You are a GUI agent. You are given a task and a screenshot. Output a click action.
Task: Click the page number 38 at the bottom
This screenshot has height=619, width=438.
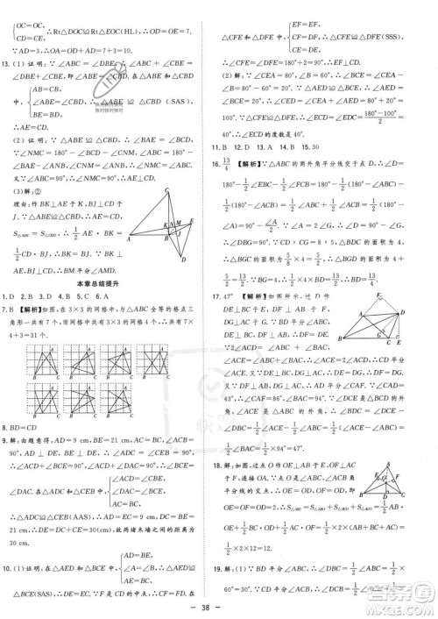[218, 608]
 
